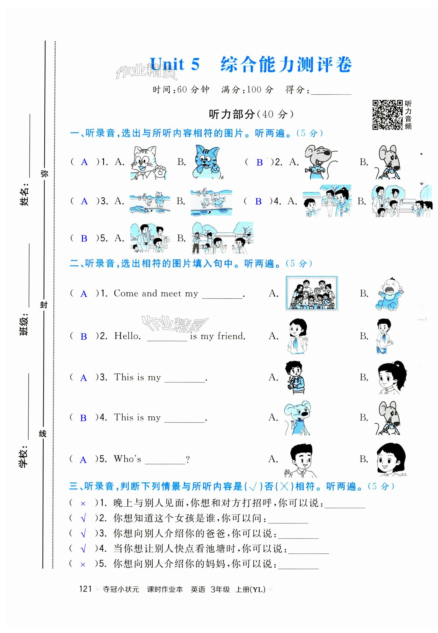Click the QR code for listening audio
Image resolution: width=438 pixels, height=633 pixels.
(387, 115)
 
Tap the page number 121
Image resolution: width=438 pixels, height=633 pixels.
(85, 589)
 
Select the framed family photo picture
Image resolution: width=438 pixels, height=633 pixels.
(312, 293)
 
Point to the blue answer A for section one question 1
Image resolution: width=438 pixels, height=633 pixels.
(84, 162)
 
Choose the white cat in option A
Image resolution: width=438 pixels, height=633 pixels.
(148, 162)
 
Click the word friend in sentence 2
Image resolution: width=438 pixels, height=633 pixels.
(231, 336)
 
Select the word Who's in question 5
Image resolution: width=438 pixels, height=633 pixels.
(127, 459)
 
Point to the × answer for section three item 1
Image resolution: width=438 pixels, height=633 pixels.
(83, 504)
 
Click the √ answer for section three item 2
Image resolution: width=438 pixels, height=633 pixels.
(83, 518)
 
